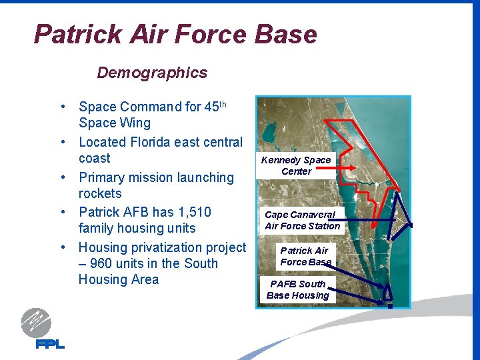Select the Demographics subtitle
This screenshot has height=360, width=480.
point(152,73)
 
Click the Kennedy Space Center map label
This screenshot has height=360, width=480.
point(296,165)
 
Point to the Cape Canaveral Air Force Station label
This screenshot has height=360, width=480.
point(302,221)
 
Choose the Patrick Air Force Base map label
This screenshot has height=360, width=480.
point(305,256)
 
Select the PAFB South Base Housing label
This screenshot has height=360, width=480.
point(298,289)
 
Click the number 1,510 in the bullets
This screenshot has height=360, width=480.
point(195,212)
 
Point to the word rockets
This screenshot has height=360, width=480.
point(100,193)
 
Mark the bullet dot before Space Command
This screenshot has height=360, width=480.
point(61,107)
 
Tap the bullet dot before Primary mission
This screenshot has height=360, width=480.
point(61,178)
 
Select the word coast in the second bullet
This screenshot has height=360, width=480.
point(94,158)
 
